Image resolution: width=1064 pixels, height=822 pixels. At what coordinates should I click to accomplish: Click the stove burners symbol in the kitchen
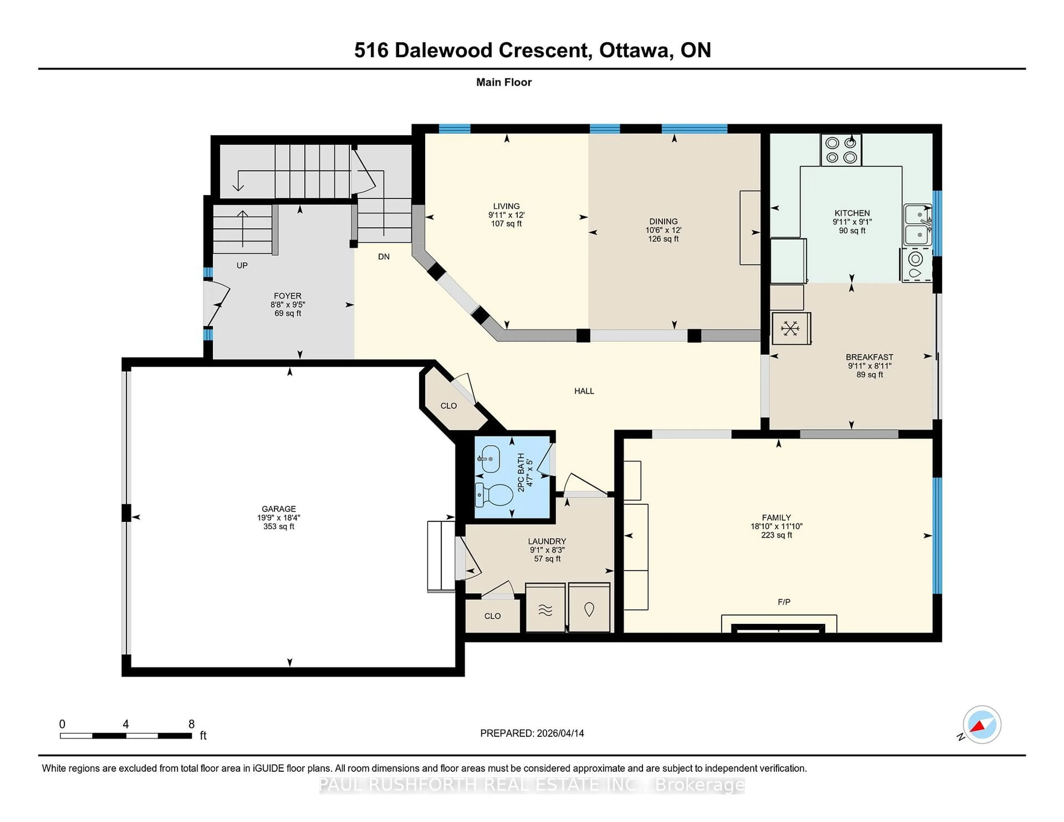coord(841,150)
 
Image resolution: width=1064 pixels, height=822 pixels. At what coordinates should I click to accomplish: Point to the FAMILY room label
coord(777,518)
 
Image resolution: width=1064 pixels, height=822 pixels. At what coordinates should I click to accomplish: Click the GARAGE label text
coord(279,509)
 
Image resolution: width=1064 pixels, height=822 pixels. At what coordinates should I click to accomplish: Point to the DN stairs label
coord(384,257)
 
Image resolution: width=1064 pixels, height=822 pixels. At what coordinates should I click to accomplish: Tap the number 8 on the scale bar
coord(191,724)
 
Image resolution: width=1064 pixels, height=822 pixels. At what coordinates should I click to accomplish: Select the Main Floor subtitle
coord(504,82)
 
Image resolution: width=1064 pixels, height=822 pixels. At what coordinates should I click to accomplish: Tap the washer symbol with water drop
coord(589,609)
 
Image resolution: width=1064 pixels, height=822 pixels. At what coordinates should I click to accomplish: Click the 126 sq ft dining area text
coord(663,239)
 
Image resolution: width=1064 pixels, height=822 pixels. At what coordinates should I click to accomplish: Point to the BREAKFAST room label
coord(869,357)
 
